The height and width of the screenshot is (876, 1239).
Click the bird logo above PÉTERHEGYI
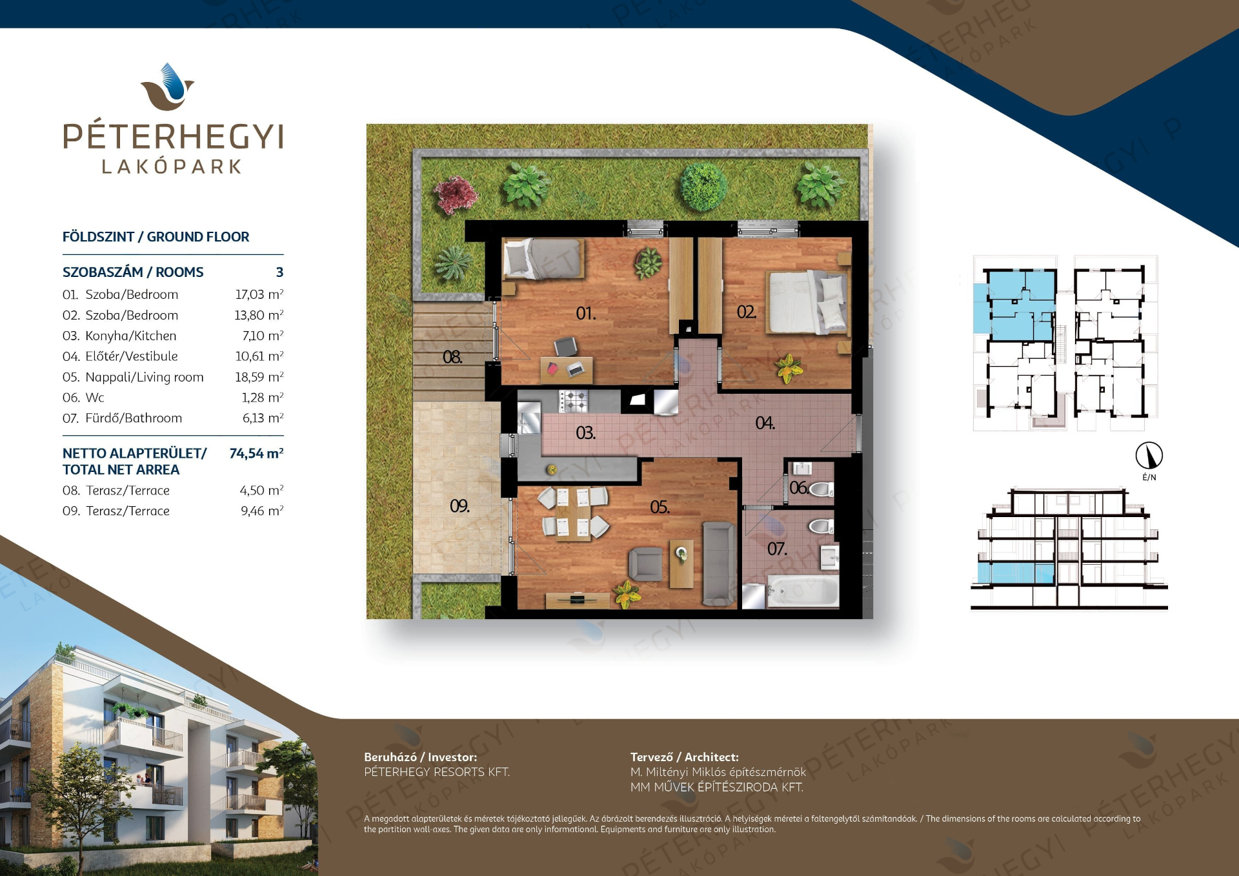tap(168, 87)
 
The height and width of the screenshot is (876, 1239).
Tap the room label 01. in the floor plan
tap(586, 314)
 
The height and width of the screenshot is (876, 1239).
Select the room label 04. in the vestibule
tap(765, 423)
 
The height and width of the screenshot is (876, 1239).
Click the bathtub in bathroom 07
tap(802, 591)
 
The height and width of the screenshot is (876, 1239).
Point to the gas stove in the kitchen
tap(573, 401)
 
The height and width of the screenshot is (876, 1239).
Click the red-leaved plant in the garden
tap(456, 194)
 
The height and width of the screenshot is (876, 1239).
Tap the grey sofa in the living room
tap(719, 564)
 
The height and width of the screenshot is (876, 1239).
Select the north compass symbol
tap(1149, 456)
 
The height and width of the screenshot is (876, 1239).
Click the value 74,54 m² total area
tap(256, 453)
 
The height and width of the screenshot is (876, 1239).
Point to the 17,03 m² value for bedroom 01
tap(259, 294)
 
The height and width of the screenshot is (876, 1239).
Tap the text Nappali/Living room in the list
tap(145, 377)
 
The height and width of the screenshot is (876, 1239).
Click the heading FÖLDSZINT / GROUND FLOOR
tap(156, 237)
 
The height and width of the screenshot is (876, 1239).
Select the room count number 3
tap(279, 272)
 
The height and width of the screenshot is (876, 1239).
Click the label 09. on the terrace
tap(459, 506)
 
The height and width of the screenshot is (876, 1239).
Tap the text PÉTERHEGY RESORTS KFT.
tap(437, 772)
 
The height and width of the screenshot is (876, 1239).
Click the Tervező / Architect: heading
tap(685, 757)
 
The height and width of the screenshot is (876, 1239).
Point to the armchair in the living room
tap(645, 564)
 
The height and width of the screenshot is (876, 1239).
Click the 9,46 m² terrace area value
tap(262, 511)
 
